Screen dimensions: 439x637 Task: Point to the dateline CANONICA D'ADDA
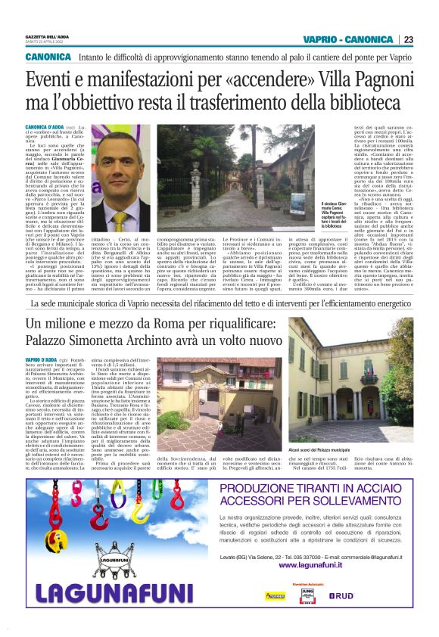pyautogui.click(x=44, y=126)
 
